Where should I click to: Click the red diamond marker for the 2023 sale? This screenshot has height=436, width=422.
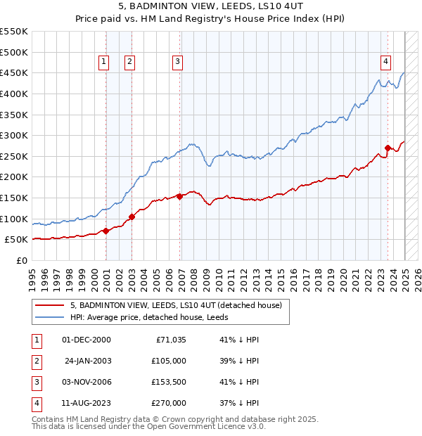388,148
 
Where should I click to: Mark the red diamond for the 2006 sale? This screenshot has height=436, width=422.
180,196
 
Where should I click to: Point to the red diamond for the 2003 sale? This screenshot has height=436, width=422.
132,217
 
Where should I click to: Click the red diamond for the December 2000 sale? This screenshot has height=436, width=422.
105,231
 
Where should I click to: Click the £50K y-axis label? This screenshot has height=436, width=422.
16,240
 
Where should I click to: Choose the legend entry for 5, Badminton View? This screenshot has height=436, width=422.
176,305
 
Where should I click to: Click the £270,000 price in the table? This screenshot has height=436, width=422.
169,403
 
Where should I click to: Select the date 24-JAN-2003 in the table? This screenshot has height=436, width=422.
87,361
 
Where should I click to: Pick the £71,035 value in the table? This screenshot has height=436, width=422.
169,340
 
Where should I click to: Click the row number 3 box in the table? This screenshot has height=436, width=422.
36,382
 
